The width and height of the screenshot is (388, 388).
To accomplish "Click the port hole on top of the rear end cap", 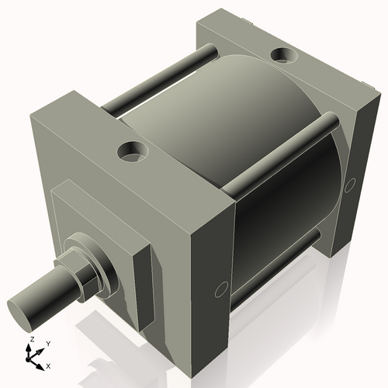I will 281,57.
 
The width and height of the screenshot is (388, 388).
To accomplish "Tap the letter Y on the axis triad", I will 47,343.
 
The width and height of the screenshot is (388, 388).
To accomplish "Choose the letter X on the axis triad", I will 48,365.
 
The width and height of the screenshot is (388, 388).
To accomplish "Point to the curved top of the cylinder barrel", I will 233,101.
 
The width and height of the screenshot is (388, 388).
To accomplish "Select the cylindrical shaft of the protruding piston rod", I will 47,295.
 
